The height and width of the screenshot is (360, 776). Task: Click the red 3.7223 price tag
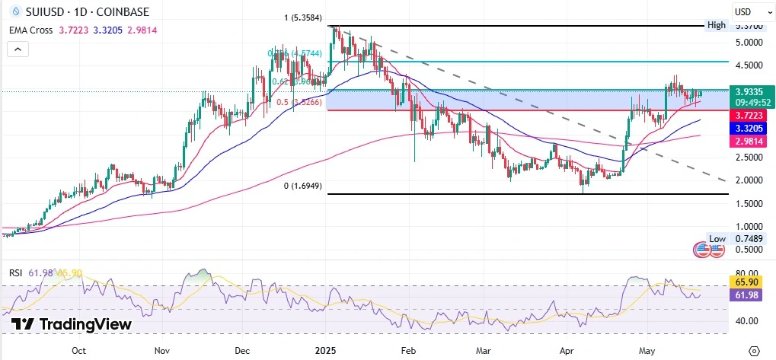[x=748, y=114]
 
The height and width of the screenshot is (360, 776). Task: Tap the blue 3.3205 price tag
[x=748, y=128]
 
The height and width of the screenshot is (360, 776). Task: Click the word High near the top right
[x=716, y=25]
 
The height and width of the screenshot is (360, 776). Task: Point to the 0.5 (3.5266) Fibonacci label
[x=299, y=102]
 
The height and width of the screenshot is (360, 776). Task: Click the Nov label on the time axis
[x=161, y=351]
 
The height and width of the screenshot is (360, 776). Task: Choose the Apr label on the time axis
[x=566, y=351]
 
